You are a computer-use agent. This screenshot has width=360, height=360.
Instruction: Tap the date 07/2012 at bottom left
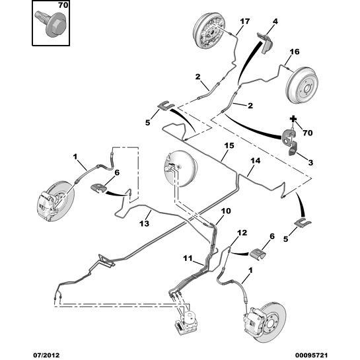(x=46, y=355)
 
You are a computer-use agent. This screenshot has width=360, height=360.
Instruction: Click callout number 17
(x=245, y=21)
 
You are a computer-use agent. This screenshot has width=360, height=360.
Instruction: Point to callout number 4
(x=275, y=21)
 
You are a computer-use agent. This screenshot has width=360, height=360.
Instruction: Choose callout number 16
(x=295, y=52)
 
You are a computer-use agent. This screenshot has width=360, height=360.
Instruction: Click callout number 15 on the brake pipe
(x=229, y=145)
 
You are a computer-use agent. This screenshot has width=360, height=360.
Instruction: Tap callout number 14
(x=256, y=161)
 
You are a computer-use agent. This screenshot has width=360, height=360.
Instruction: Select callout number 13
(x=145, y=223)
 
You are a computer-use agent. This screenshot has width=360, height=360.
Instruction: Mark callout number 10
(x=226, y=211)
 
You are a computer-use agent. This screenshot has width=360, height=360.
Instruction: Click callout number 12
(x=242, y=233)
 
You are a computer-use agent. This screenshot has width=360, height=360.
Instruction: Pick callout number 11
(x=188, y=258)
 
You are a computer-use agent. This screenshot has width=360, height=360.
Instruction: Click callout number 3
(x=310, y=162)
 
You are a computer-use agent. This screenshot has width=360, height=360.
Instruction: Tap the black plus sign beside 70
(x=293, y=119)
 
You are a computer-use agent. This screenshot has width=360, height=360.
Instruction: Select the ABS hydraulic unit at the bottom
(x=187, y=322)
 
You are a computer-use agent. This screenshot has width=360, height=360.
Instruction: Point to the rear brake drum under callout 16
(x=302, y=84)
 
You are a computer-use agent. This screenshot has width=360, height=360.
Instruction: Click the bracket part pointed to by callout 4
(x=265, y=42)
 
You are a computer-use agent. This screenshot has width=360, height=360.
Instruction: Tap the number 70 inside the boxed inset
(x=63, y=5)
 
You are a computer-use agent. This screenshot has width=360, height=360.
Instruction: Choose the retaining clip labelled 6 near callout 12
(x=258, y=254)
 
